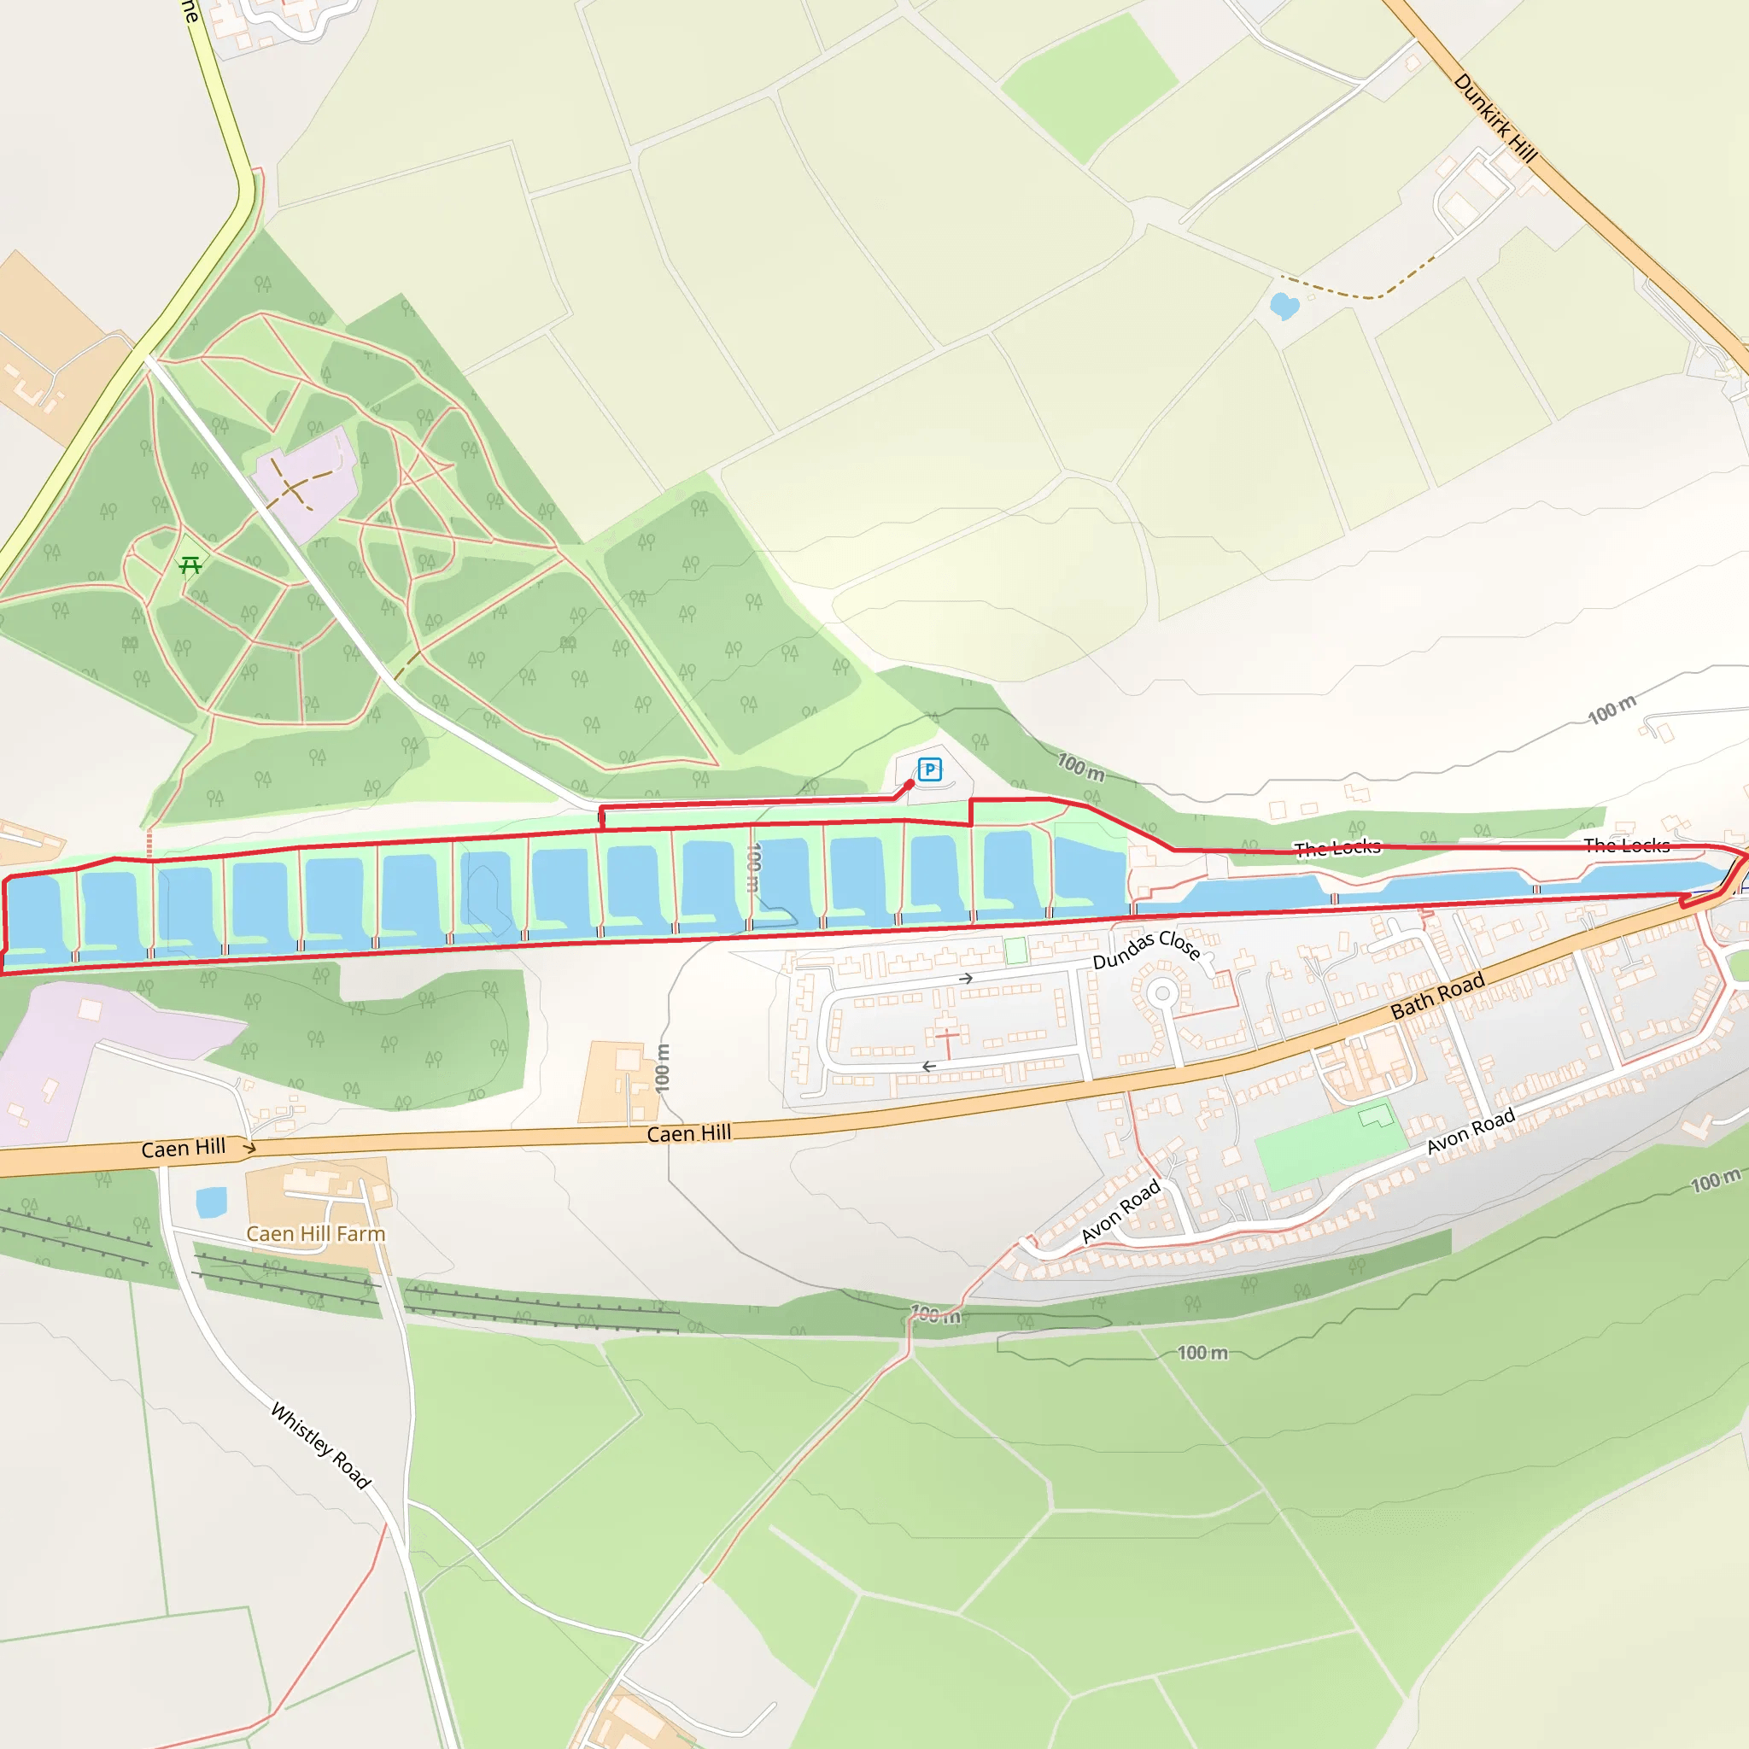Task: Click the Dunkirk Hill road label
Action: click(1495, 119)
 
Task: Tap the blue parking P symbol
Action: click(930, 769)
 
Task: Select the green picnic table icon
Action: click(190, 566)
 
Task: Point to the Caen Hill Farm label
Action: click(316, 1234)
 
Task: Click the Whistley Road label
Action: click(321, 1445)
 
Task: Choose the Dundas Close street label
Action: click(1146, 947)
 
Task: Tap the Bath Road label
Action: click(1437, 995)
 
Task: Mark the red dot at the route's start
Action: click(909, 785)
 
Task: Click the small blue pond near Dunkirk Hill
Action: click(1284, 306)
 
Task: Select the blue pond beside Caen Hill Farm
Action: click(212, 1203)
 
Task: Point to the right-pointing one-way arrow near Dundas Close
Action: click(967, 979)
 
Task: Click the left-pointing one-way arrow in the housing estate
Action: click(929, 1067)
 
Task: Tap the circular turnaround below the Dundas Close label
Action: click(1162, 994)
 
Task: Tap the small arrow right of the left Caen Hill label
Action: click(250, 1148)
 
